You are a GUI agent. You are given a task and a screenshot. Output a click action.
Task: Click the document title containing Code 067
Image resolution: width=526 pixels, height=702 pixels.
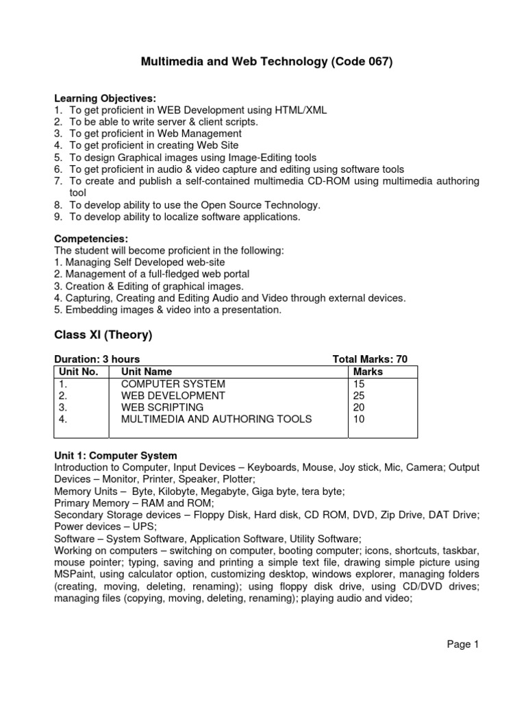(x=266, y=62)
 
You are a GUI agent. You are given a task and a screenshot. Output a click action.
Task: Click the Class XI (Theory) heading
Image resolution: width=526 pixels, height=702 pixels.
(x=103, y=335)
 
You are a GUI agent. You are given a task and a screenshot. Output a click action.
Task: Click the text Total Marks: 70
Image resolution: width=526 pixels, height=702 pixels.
(x=369, y=359)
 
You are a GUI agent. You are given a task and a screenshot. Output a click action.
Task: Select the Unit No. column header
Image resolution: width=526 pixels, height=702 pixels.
(x=79, y=372)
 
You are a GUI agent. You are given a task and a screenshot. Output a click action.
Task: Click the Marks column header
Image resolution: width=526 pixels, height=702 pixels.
(x=367, y=372)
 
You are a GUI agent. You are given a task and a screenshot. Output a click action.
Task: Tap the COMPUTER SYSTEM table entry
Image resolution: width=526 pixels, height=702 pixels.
(x=173, y=384)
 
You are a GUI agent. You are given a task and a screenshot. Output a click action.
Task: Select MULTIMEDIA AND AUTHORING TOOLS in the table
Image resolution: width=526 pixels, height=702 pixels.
(x=216, y=419)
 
